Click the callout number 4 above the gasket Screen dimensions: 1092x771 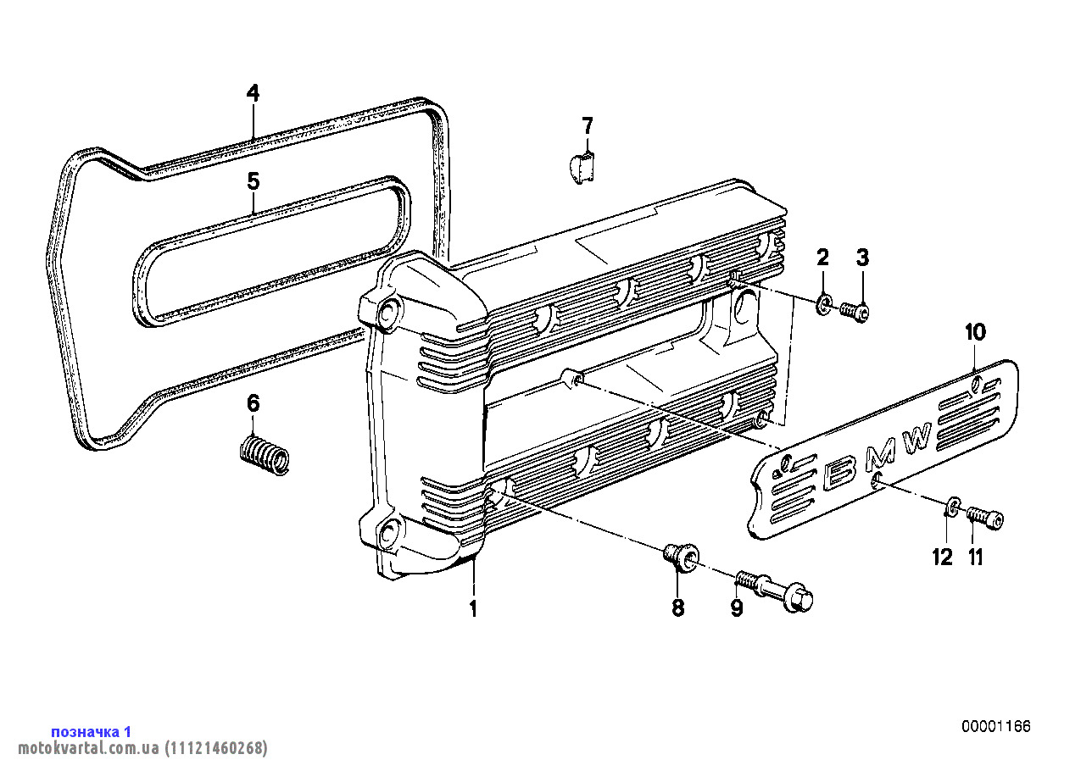pyautogui.click(x=253, y=93)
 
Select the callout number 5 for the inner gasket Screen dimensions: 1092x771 pyautogui.click(x=253, y=180)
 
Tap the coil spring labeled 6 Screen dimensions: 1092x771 pyautogui.click(x=265, y=454)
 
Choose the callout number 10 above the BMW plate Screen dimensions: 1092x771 pyautogui.click(x=976, y=333)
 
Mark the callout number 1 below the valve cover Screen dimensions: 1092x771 pyautogui.click(x=472, y=608)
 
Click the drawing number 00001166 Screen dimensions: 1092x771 pyautogui.click(x=996, y=726)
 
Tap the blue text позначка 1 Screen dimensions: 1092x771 pyautogui.click(x=92, y=732)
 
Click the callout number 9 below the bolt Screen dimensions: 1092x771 pyautogui.click(x=737, y=608)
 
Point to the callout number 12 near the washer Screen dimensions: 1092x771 pyautogui.click(x=942, y=557)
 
